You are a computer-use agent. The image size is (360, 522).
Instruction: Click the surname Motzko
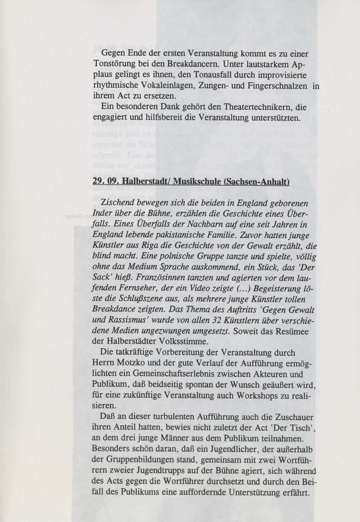click(x=132, y=364)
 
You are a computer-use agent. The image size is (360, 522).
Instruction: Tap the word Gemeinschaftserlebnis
click(x=163, y=374)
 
